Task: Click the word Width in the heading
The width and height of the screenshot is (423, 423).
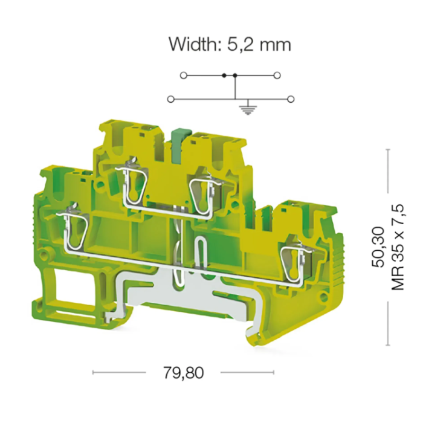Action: click(x=194, y=44)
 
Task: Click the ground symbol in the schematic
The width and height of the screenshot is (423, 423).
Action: click(x=248, y=109)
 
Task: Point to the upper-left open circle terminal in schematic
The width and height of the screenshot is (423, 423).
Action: click(x=184, y=76)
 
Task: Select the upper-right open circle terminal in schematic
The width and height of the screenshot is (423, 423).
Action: click(x=277, y=76)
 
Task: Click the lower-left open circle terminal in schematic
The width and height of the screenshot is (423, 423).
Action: click(x=171, y=99)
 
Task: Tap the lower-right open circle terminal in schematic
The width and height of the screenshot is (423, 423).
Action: click(x=291, y=99)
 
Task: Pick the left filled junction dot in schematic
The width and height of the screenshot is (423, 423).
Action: click(x=224, y=76)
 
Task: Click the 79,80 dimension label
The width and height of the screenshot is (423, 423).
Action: click(x=184, y=373)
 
